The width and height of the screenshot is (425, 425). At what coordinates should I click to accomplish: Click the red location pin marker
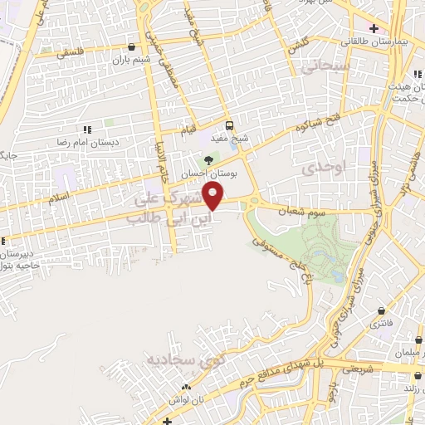pyautogui.click(x=214, y=196)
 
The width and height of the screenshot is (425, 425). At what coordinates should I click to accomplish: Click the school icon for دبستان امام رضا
pyautogui.click(x=86, y=129)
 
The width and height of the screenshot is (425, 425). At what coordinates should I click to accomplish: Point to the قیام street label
pyautogui.click(x=189, y=131)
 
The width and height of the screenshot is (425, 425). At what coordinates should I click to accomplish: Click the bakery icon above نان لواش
pyautogui.click(x=188, y=387)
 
